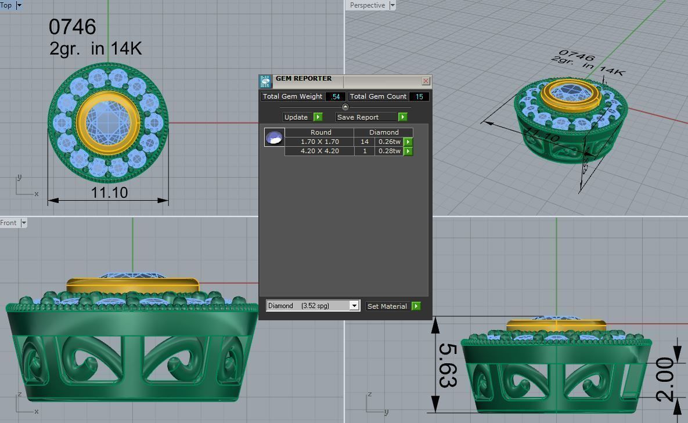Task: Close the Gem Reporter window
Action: (426, 81)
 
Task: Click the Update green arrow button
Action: (318, 117)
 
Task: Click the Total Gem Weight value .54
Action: (336, 96)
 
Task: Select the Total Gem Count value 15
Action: (419, 96)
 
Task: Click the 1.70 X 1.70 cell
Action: (319, 142)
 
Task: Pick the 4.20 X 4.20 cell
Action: (319, 151)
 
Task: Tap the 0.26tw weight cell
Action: (389, 142)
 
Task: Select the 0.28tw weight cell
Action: (389, 151)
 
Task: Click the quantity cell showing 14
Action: (365, 142)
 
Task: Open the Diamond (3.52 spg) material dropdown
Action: (354, 306)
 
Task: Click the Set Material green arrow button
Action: (416, 306)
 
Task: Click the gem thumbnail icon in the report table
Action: (274, 138)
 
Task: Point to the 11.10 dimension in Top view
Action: (109, 192)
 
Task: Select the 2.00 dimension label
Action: (664, 380)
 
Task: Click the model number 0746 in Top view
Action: (72, 27)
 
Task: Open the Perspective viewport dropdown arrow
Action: (392, 5)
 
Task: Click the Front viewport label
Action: (9, 223)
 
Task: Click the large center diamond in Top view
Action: (108, 122)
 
